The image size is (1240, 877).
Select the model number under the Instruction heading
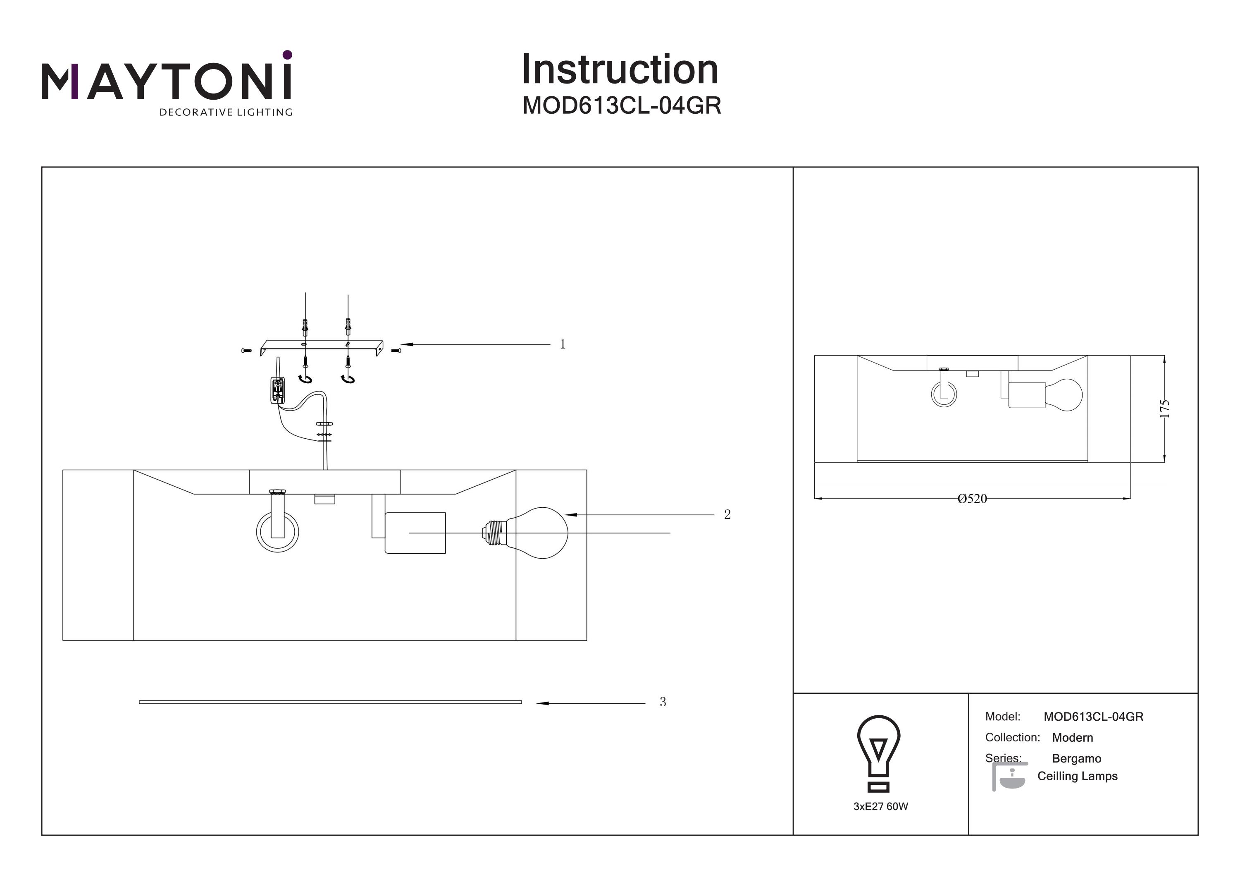(622, 106)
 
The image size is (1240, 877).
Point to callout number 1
(562, 344)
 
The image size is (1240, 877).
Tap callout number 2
(727, 514)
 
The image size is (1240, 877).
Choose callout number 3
(663, 702)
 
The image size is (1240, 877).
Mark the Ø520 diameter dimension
(972, 499)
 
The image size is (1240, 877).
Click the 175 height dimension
(1164, 409)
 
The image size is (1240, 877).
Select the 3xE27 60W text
(880, 807)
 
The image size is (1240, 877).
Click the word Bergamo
(1076, 759)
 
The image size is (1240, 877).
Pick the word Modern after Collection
(1072, 738)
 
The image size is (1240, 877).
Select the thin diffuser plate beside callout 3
(330, 702)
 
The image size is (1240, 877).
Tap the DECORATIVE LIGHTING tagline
(225, 112)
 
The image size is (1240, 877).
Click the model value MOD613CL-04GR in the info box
(1093, 717)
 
